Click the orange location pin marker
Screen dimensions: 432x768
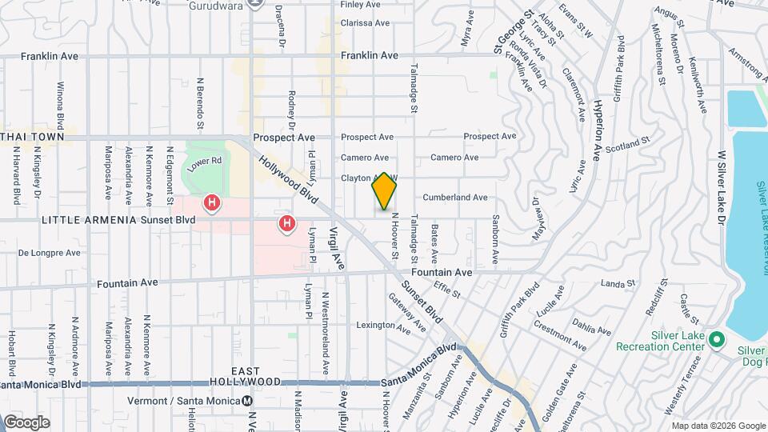tap(385, 192)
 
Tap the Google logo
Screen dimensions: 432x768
tap(26, 422)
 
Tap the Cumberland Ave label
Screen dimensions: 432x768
tap(454, 197)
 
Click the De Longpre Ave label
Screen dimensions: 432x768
tap(50, 253)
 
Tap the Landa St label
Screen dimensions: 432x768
tap(617, 283)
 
